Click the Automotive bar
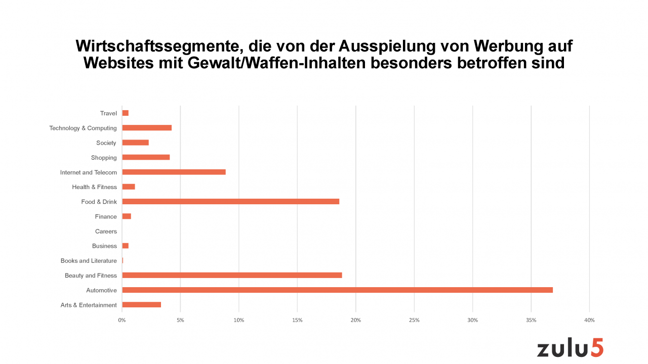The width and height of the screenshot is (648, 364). (337, 290)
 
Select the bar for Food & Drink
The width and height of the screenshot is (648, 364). (230, 202)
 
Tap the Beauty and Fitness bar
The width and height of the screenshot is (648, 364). (232, 276)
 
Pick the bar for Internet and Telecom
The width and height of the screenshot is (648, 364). (174, 172)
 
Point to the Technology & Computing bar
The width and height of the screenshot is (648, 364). (147, 128)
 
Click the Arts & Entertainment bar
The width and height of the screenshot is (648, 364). (141, 305)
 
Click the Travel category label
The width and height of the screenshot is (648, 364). (108, 113)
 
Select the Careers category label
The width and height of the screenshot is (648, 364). (106, 232)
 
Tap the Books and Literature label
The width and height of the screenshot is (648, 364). (89, 261)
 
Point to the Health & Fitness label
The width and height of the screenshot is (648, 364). (94, 187)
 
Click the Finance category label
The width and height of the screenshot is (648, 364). (106, 217)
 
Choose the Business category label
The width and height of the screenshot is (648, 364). (104, 246)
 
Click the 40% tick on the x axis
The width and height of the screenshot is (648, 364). (589, 320)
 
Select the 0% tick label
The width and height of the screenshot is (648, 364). (122, 320)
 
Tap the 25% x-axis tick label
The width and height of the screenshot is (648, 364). (414, 320)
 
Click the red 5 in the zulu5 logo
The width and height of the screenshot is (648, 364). (596, 348)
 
